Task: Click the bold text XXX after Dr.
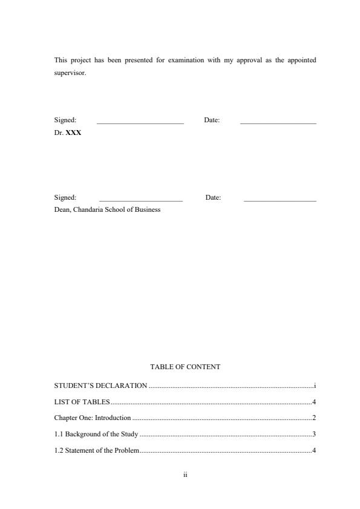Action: (x=73, y=132)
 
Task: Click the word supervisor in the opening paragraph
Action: (x=70, y=73)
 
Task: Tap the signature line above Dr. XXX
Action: (x=140, y=123)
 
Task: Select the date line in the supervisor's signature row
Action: (x=278, y=123)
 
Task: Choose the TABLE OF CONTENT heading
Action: (x=185, y=367)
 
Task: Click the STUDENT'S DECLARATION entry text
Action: (x=100, y=386)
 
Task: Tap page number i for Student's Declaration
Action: (x=315, y=386)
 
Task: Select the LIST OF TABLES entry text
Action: (x=82, y=402)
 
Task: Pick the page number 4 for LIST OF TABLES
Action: (x=314, y=402)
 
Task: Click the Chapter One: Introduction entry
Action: (x=93, y=418)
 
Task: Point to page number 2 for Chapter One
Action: (x=314, y=418)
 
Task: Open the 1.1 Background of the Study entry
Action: (x=96, y=435)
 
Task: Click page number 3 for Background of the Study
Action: (x=314, y=435)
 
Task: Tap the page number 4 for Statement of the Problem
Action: (x=314, y=451)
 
